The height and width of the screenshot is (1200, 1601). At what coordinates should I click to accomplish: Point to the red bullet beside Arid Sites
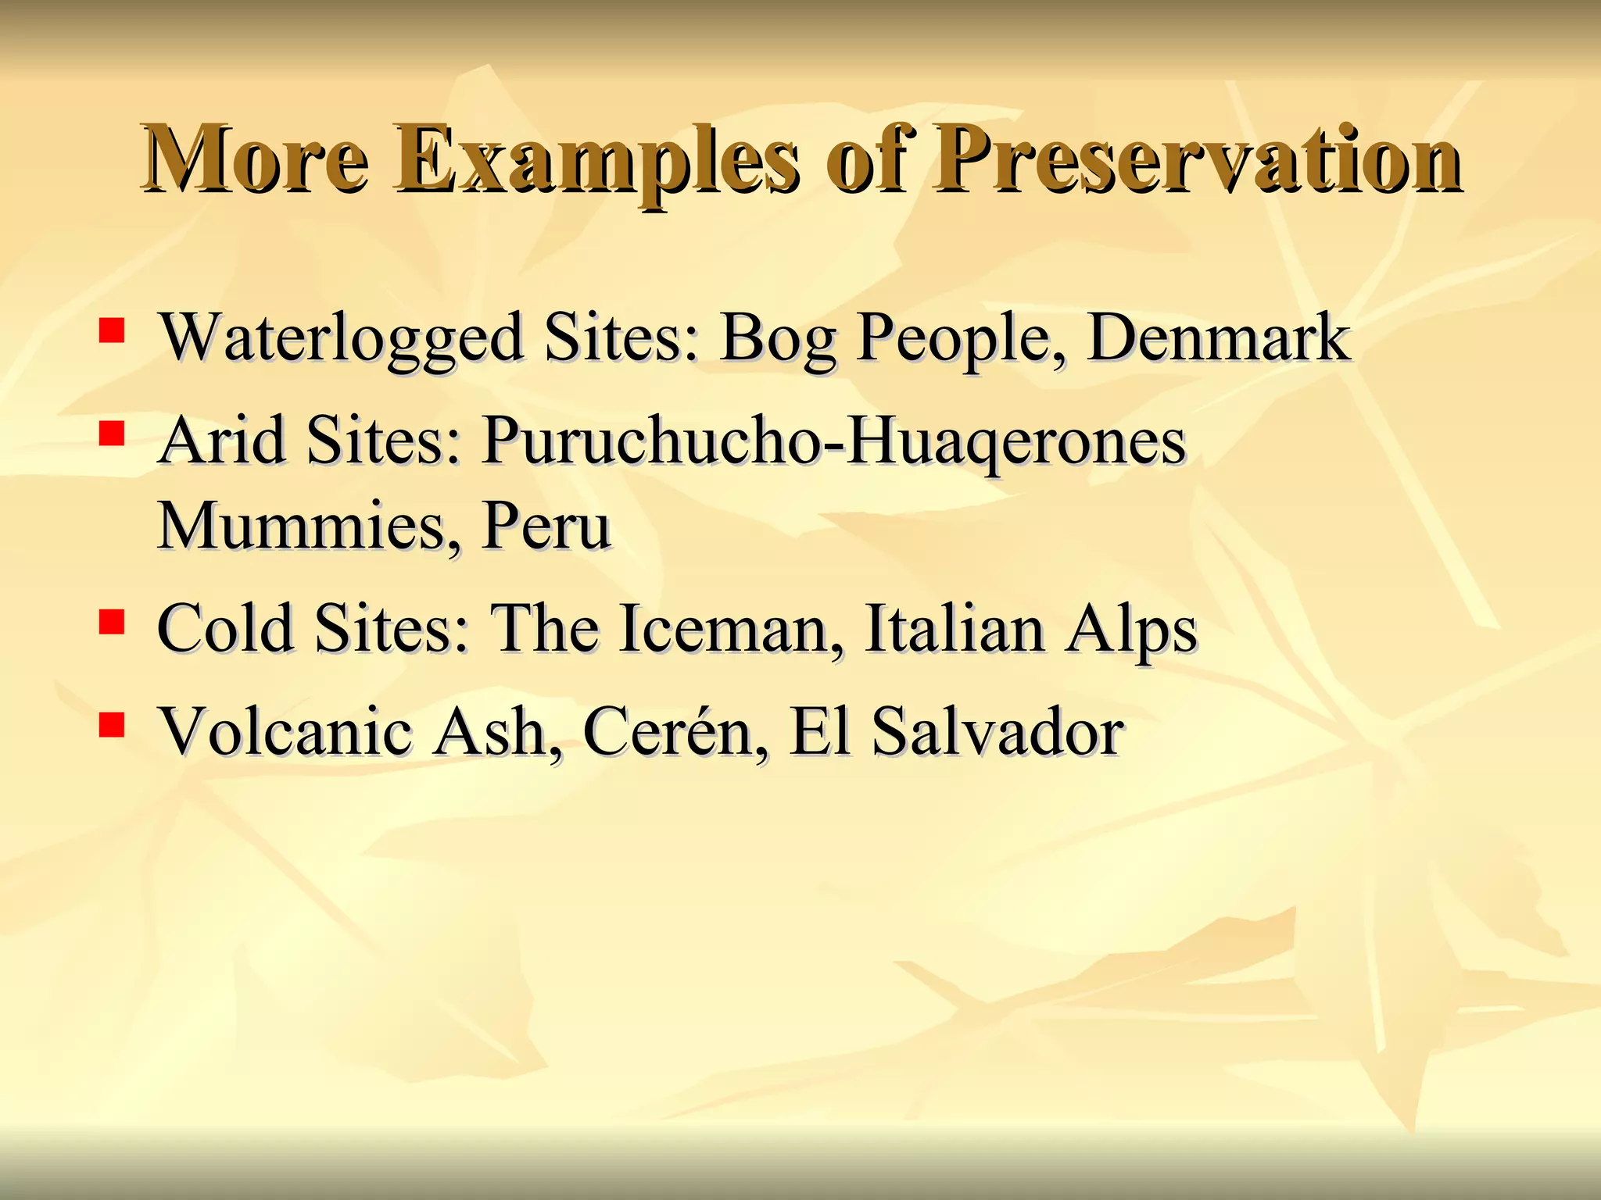pyautogui.click(x=112, y=434)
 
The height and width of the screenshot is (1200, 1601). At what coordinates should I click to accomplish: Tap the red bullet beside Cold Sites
pyautogui.click(x=112, y=622)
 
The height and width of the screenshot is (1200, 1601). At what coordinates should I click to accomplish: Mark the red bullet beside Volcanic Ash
pyautogui.click(x=112, y=725)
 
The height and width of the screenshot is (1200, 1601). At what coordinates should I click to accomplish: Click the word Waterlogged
pyautogui.click(x=341, y=339)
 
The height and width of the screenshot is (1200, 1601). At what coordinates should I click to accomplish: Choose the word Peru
pyautogui.click(x=546, y=525)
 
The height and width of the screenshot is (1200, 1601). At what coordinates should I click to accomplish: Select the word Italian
pyautogui.click(x=955, y=629)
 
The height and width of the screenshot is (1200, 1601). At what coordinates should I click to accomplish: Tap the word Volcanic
pyautogui.click(x=285, y=732)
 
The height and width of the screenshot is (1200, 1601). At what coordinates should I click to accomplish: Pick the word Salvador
pyautogui.click(x=997, y=732)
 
